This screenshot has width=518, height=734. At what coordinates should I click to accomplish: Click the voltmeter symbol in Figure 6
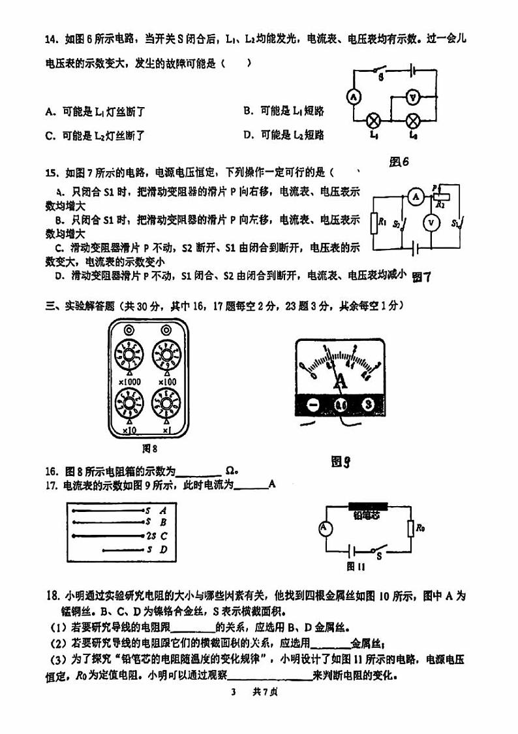(412, 97)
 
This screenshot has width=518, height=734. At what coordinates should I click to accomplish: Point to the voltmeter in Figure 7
(430, 222)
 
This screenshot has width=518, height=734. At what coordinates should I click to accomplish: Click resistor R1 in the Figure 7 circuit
(374, 223)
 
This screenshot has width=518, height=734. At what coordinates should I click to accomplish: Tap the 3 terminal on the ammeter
(369, 405)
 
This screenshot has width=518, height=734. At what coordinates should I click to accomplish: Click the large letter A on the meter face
(340, 383)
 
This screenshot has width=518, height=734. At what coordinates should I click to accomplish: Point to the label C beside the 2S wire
(164, 535)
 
